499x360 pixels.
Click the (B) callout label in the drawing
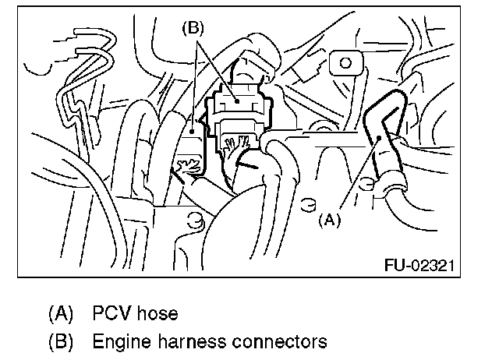pos(192,28)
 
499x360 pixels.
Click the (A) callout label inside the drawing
pos(329,221)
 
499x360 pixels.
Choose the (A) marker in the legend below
pos(60,315)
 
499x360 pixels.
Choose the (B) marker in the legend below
pos(60,341)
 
